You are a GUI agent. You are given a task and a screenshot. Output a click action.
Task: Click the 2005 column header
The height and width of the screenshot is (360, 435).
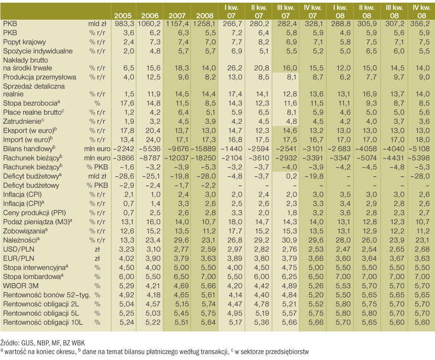coord(123,16)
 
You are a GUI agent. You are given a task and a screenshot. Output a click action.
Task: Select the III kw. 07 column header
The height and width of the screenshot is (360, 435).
coord(286,12)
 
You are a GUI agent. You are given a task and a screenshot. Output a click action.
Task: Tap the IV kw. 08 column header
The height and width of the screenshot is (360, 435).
coord(421,12)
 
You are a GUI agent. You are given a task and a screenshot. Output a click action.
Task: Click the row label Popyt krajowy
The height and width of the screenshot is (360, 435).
coord(24,42)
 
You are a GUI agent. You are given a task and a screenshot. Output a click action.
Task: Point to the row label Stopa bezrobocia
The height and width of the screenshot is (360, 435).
coord(32,103)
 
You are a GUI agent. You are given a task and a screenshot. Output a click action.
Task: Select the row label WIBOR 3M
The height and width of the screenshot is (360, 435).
coord(21,286)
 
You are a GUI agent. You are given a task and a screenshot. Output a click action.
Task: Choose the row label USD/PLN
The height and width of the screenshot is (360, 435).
coord(18,250)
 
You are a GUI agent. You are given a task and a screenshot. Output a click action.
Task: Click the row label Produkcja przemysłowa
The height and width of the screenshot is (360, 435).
coord(40,77)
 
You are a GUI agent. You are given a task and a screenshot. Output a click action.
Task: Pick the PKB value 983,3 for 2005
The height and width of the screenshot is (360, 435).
coord(124,24)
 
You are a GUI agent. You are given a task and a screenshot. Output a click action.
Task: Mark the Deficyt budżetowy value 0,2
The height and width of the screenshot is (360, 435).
coord(291,176)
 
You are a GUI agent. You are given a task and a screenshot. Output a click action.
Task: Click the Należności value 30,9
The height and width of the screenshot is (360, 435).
coord(289,240)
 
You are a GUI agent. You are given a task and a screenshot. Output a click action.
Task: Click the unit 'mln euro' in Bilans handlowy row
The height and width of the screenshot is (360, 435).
coord(97,149)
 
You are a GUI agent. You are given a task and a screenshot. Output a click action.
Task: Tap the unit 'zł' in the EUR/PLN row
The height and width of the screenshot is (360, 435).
coord(97,258)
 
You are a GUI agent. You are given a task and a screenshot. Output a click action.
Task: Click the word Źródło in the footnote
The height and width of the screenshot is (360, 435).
coord(8,343)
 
